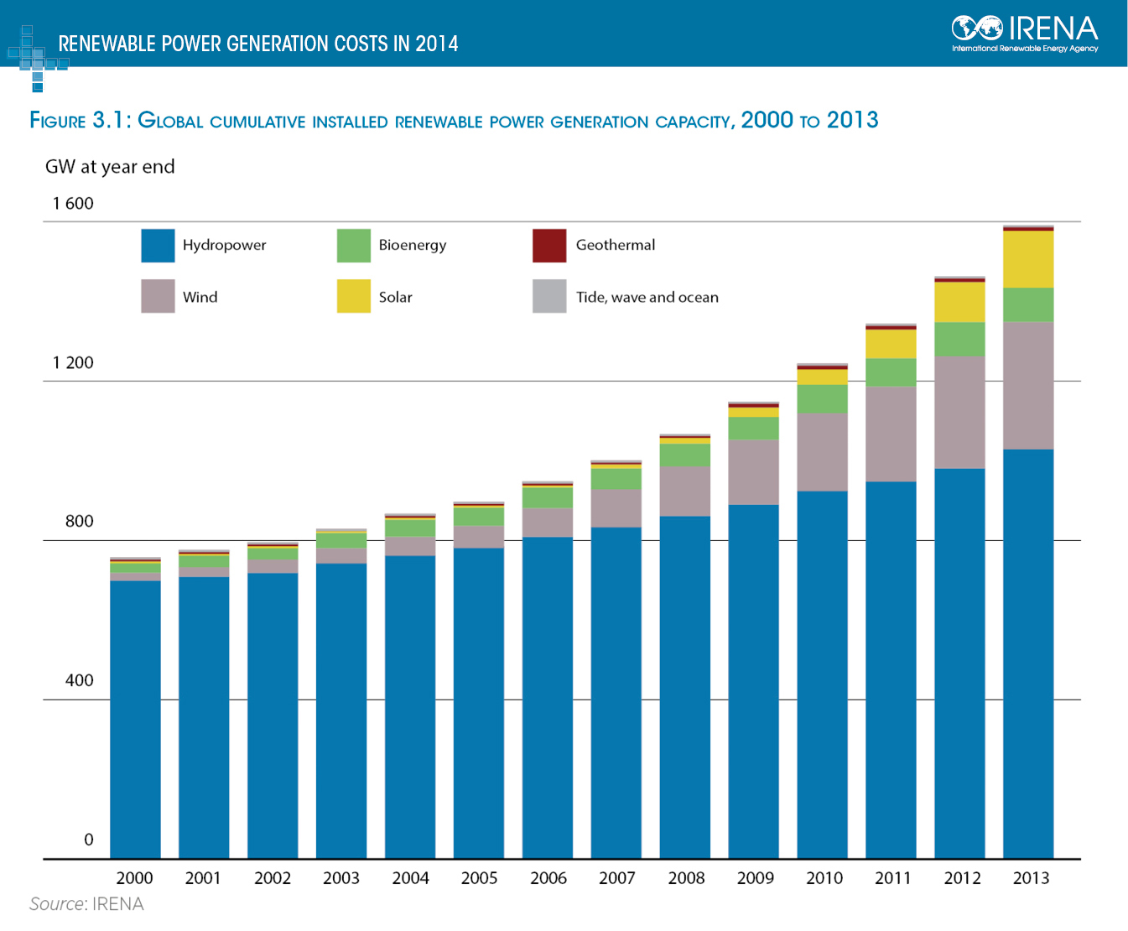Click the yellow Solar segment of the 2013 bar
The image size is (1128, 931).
click(1028, 259)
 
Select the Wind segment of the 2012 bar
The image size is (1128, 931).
click(959, 413)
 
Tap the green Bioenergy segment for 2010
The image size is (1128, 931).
click(822, 398)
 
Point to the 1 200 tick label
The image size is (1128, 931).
click(73, 362)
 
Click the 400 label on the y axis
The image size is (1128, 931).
click(80, 680)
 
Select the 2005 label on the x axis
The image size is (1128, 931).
click(479, 878)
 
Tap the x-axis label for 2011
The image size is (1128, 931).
click(892, 878)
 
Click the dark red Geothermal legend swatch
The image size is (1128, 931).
click(549, 245)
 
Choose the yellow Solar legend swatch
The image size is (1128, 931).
click(353, 296)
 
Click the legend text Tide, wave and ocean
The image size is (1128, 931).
click(647, 297)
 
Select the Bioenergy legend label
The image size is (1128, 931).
click(412, 245)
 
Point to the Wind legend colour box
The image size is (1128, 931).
click(158, 296)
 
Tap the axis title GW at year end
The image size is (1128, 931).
click(110, 167)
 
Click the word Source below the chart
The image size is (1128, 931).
click(56, 904)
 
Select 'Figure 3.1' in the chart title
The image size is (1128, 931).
click(79, 120)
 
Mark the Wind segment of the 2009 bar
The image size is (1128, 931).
click(753, 471)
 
